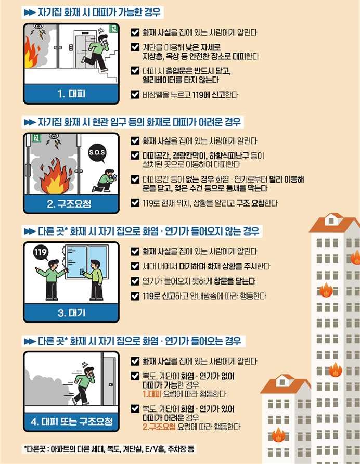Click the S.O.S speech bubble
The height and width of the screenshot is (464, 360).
[97, 153]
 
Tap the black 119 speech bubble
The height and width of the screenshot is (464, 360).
[41, 252]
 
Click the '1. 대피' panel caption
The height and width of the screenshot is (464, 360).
[71, 94]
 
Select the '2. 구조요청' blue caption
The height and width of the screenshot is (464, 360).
[69, 203]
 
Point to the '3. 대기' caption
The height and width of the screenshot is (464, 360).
[71, 313]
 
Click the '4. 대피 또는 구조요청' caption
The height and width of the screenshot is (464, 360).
[72, 421]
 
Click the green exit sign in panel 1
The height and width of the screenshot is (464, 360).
[113, 29]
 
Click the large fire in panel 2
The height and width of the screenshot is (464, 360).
[56, 177]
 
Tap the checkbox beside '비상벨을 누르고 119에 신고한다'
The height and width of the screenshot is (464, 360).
[135, 94]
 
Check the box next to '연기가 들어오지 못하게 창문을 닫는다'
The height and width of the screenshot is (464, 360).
[135, 281]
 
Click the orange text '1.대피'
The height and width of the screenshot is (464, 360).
[152, 394]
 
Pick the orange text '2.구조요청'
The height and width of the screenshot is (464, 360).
[159, 427]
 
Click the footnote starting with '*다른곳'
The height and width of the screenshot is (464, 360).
[109, 449]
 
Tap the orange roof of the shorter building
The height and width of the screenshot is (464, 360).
[285, 384]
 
